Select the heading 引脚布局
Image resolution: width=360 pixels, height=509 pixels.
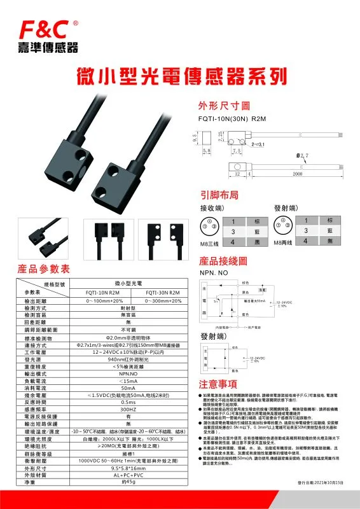[x=219, y=195]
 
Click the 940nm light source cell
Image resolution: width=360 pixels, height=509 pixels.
[x=128, y=359]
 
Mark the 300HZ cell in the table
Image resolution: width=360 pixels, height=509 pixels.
[x=128, y=412]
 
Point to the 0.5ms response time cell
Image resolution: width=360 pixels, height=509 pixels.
[x=128, y=403]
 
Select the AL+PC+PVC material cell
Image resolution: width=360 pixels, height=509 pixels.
[x=128, y=473]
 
